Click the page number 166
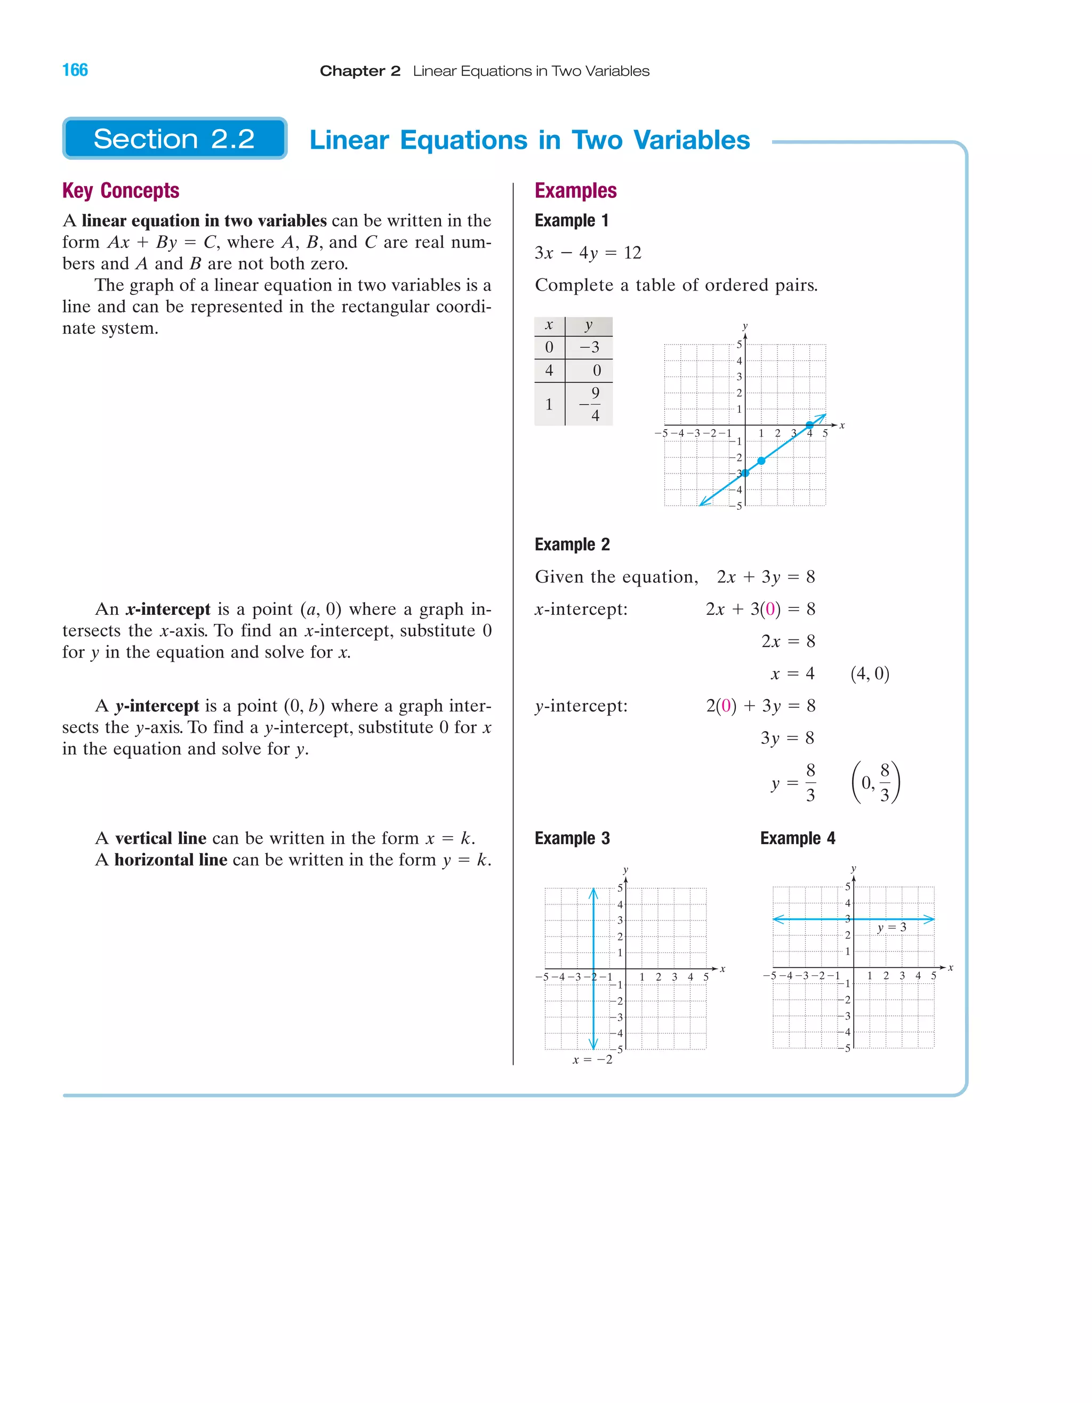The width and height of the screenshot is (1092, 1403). (x=75, y=70)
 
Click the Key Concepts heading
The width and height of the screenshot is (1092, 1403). (x=121, y=191)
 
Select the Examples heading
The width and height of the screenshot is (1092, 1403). (x=575, y=191)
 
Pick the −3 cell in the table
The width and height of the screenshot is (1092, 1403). (x=589, y=348)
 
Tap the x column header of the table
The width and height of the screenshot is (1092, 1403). (x=549, y=326)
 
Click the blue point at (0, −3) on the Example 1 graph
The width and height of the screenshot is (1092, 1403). (x=745, y=474)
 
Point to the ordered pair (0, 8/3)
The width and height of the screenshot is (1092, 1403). (x=876, y=783)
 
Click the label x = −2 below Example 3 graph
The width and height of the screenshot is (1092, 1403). (x=592, y=1060)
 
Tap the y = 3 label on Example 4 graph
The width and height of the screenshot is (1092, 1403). (x=892, y=928)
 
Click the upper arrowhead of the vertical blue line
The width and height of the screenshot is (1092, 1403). (x=593, y=892)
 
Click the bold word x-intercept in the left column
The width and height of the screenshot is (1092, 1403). (x=168, y=610)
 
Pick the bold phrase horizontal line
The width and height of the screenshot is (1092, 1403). (x=171, y=860)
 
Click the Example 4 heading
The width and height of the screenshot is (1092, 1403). (x=797, y=838)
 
